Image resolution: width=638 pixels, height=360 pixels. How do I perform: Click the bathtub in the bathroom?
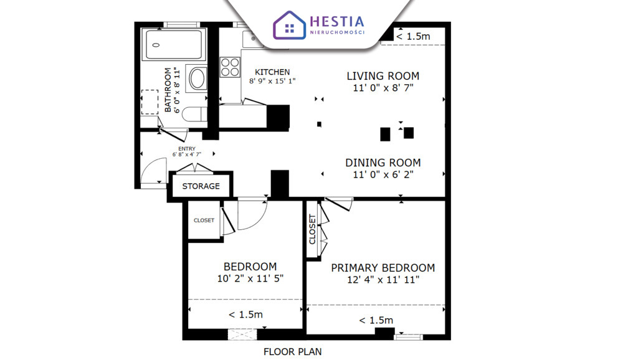(174, 44)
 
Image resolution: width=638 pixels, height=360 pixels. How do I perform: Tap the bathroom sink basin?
(198, 78)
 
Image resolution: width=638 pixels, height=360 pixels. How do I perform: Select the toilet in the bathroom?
(194, 115)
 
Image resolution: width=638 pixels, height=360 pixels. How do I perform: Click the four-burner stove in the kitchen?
(230, 67)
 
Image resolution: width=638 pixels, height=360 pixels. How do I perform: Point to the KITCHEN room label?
(272, 72)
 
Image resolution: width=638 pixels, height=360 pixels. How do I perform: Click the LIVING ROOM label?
(383, 76)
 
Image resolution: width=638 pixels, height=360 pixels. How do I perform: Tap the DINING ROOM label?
(383, 163)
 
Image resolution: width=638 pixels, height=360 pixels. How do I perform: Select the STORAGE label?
(201, 186)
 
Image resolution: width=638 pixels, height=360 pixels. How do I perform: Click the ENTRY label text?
(187, 149)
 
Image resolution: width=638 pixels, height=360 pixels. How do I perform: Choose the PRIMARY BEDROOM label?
(383, 268)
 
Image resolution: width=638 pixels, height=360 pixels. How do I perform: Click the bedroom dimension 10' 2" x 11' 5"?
(250, 278)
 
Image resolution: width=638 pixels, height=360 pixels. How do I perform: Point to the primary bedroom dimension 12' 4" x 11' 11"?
(383, 280)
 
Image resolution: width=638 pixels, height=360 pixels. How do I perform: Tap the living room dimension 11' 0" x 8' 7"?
(383, 87)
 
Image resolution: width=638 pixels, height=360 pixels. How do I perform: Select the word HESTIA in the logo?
(337, 22)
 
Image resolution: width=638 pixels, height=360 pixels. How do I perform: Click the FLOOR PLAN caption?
(293, 352)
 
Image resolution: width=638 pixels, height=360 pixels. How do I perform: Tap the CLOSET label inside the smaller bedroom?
(204, 220)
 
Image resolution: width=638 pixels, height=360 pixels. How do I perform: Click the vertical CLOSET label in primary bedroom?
(313, 229)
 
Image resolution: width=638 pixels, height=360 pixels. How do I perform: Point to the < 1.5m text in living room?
(413, 36)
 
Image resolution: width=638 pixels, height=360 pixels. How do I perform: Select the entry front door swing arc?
(151, 166)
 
